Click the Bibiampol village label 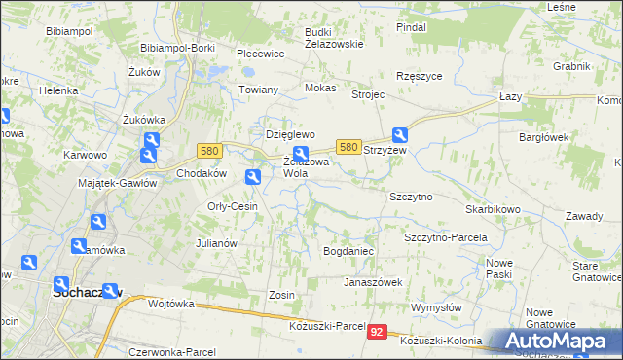[x=68, y=31]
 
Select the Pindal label [x=411, y=27]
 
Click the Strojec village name [x=369, y=95]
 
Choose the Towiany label [x=259, y=90]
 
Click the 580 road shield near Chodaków [x=208, y=151]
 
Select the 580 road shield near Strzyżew [x=348, y=146]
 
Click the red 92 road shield [x=378, y=332]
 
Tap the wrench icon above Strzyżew [x=400, y=136]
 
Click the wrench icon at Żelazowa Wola [x=302, y=153]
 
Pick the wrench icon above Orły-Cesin [x=253, y=177]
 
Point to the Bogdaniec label [x=348, y=251]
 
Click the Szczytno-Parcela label [x=445, y=237]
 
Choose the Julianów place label [x=217, y=243]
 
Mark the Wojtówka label [x=171, y=304]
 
